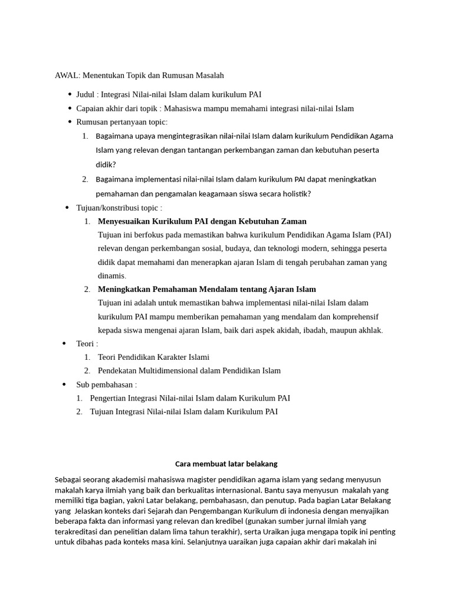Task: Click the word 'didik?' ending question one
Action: coord(106,165)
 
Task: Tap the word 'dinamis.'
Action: coord(112,275)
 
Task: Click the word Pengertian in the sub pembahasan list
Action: coord(109,398)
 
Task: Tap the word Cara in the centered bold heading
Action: coord(183,464)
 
